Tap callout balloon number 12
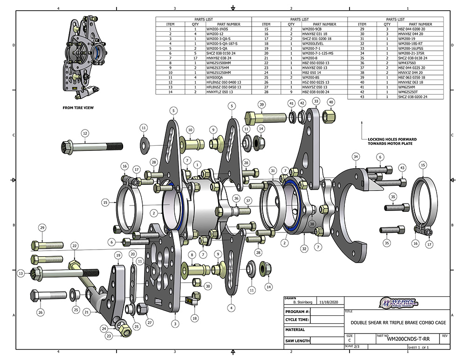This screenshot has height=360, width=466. click(x=85, y=134)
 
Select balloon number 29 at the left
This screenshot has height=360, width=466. click(x=42, y=228)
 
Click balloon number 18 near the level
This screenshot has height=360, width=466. click(x=194, y=318)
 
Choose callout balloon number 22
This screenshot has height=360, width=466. click(x=75, y=245)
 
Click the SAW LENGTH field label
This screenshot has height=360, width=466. click(x=298, y=341)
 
